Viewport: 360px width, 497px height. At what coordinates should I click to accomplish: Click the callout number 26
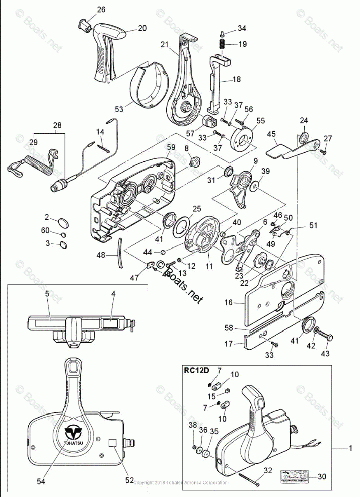(101, 10)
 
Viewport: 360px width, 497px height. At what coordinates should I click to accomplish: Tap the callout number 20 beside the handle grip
(142, 28)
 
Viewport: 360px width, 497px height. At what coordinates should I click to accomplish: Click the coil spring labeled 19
(222, 44)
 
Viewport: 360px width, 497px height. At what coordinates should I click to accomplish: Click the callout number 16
(228, 303)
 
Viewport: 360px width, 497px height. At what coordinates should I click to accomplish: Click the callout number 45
(271, 134)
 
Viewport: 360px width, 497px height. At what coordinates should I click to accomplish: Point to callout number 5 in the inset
(47, 293)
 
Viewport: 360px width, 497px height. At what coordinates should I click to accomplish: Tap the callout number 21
(164, 44)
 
